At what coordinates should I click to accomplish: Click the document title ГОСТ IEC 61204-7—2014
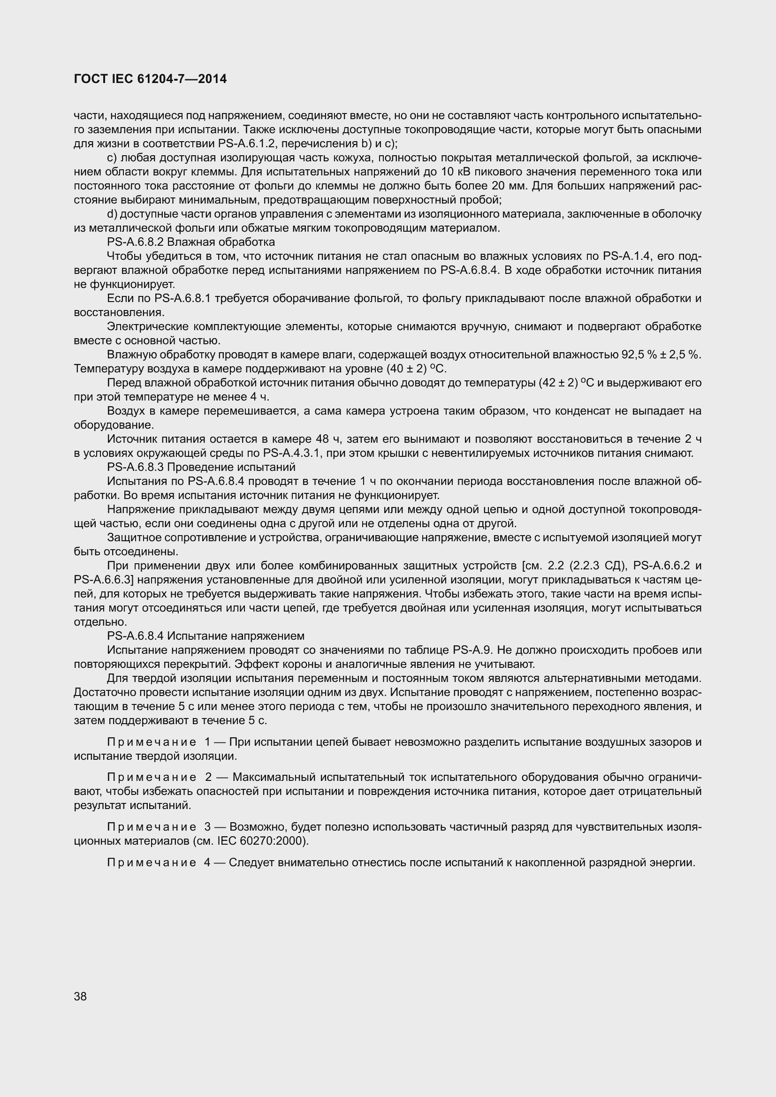tap(150, 79)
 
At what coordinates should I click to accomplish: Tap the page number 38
tap(80, 996)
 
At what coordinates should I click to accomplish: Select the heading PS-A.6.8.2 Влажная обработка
tap(190, 242)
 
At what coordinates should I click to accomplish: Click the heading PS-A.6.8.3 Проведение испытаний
tap(201, 467)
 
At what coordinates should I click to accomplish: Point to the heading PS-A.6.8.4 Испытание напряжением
tap(205, 636)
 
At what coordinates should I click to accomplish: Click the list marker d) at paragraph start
tap(112, 213)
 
